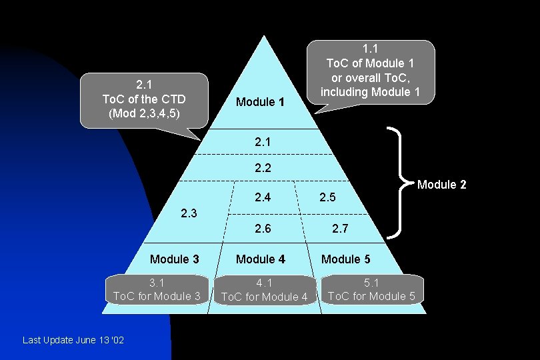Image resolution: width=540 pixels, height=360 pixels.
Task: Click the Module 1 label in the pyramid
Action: point(260,102)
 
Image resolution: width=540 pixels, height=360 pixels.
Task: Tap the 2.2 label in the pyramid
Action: point(263,167)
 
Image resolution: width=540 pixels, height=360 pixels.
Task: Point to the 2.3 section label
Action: point(189,213)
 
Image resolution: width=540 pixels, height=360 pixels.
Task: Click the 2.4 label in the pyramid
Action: point(263,197)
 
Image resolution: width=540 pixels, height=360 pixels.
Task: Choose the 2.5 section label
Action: point(327,197)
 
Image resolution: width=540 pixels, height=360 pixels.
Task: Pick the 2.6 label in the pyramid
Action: point(263,229)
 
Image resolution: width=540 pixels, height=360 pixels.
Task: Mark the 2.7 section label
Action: point(340,229)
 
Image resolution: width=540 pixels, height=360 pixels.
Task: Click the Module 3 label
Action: point(174,259)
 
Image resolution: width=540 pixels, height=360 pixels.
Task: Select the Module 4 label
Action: point(261,259)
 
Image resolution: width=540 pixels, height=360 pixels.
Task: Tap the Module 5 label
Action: point(346,259)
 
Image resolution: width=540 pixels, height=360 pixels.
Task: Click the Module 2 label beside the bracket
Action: point(441,185)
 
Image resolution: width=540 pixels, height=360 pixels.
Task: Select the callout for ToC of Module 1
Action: point(370,72)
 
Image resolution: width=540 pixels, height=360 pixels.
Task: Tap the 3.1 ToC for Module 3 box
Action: point(157,289)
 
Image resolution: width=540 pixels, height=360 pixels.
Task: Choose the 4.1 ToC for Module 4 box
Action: point(264,290)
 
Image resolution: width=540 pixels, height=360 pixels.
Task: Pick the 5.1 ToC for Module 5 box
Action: point(371,289)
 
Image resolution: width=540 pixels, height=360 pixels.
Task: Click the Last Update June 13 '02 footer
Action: point(73,341)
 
